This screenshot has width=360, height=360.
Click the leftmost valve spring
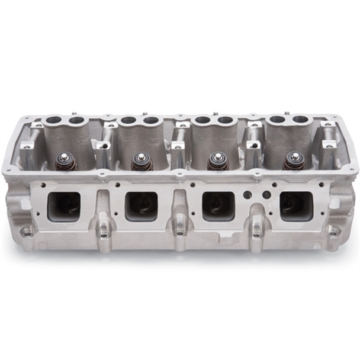pos(66,161)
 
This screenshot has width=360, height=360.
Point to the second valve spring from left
pos(142,161)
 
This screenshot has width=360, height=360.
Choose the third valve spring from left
pos(217,161)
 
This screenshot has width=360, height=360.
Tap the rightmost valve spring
pos(294,161)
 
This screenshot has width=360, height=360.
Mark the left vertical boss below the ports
pos(104,227)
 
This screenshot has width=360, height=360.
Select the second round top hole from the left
pos(76,121)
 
